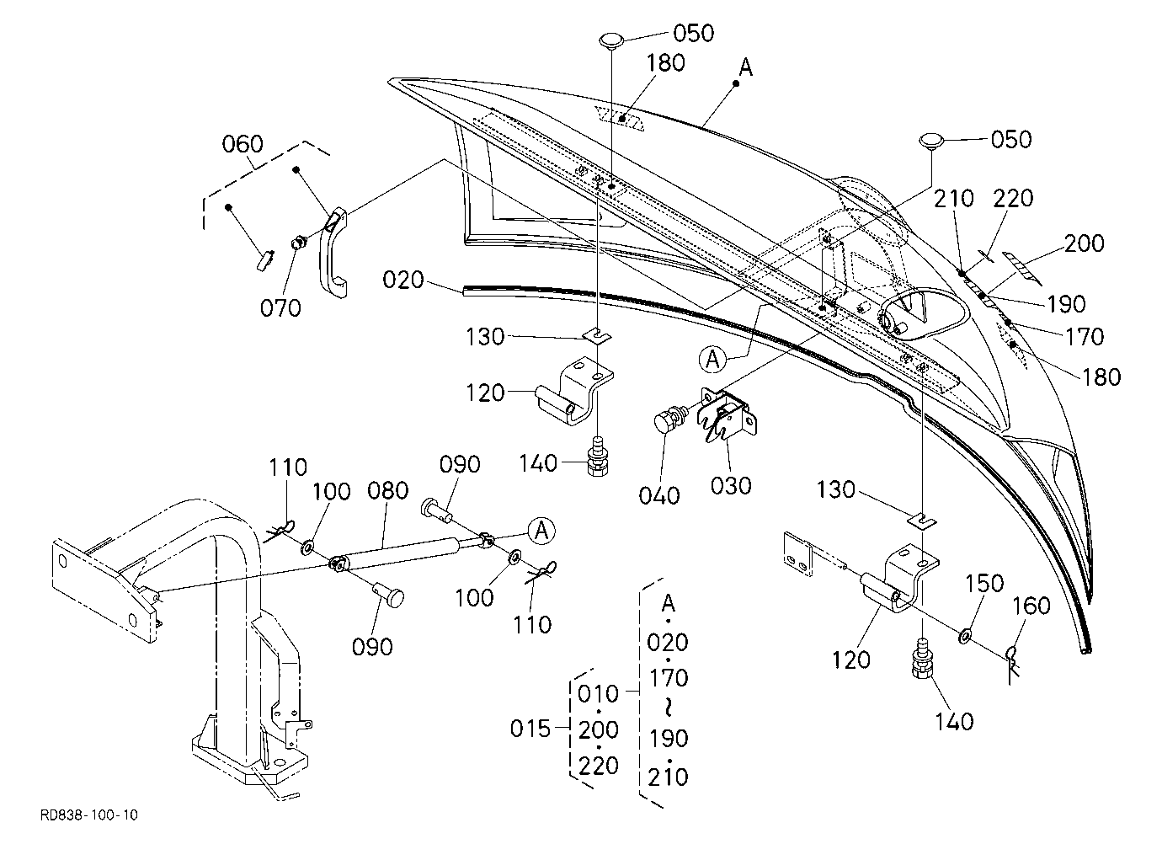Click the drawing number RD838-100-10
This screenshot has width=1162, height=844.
tap(89, 815)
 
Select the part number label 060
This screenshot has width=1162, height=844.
tap(243, 144)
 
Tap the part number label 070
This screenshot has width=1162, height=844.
tap(280, 307)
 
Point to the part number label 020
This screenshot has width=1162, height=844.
tap(403, 280)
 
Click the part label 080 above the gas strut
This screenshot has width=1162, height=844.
tap(387, 490)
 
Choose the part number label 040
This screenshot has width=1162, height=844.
tap(658, 496)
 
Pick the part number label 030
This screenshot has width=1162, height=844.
tap(730, 486)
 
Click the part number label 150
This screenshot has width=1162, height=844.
tap(984, 584)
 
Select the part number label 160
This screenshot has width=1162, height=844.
tap(1031, 606)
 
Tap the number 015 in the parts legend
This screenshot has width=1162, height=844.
tap(530, 729)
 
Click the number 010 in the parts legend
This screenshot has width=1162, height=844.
tap(598, 693)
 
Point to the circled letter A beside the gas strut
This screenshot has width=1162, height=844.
tap(541, 531)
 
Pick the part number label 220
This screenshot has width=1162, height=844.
tap(1013, 198)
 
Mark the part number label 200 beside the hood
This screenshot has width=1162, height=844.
tap(1085, 243)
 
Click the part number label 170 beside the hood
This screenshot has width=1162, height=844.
tap(1085, 337)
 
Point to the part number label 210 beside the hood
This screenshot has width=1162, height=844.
tap(953, 198)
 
